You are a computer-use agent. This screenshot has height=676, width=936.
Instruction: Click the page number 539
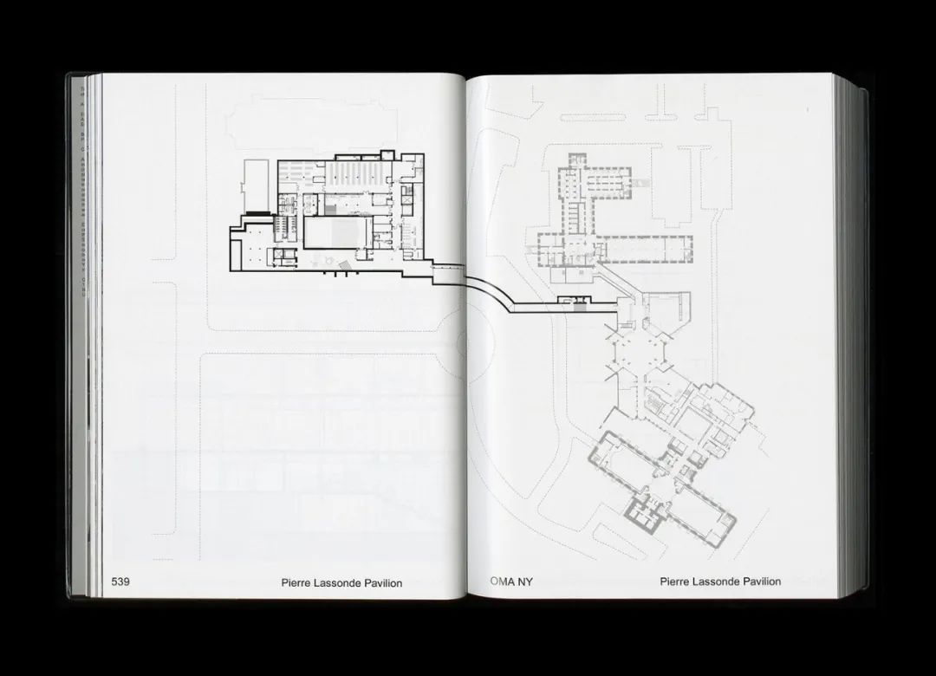pyautogui.click(x=120, y=582)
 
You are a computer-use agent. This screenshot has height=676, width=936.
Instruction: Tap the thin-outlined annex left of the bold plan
pyautogui.click(x=259, y=185)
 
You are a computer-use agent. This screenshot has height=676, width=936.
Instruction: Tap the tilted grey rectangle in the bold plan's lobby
pyautogui.click(x=344, y=263)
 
